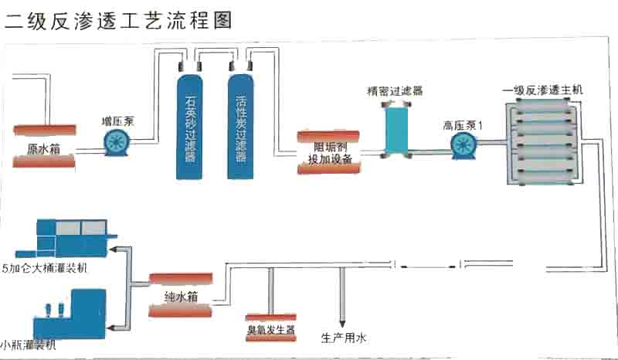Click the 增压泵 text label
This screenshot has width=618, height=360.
117,121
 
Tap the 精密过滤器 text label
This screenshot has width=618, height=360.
395,91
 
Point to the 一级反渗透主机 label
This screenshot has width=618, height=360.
542,90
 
